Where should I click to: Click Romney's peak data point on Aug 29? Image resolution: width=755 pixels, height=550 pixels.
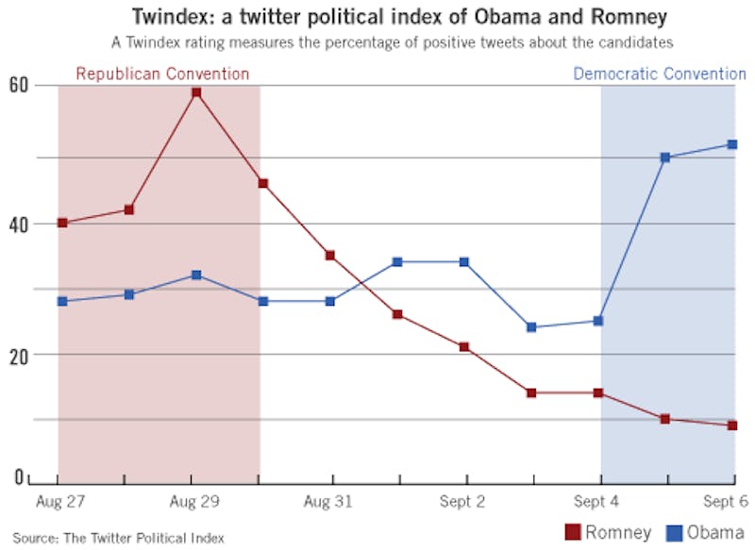(x=196, y=92)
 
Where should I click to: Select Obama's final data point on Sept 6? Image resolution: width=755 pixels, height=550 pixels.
(x=731, y=144)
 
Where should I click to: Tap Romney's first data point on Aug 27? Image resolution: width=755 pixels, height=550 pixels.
(x=62, y=223)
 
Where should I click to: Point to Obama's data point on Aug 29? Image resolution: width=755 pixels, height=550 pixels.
(x=196, y=275)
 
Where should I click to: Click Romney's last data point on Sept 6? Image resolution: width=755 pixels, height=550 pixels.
(x=731, y=425)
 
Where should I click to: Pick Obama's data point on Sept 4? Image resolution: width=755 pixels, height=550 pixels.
(x=598, y=321)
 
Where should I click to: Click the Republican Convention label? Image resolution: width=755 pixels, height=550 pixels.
(x=162, y=74)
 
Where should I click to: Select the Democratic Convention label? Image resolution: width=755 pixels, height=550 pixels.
(x=660, y=74)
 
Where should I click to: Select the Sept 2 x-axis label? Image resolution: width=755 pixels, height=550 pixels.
(x=463, y=502)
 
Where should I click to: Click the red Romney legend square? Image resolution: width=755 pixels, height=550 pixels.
(x=571, y=532)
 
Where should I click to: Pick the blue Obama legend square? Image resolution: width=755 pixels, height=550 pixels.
(x=676, y=532)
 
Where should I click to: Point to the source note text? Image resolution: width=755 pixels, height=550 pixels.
(x=118, y=538)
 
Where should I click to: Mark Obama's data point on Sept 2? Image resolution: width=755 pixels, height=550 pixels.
(x=464, y=261)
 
